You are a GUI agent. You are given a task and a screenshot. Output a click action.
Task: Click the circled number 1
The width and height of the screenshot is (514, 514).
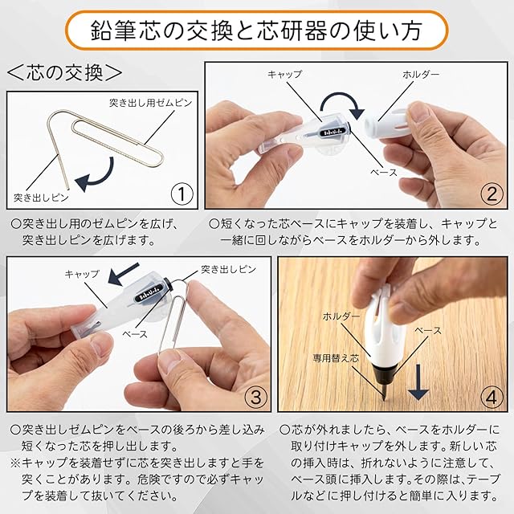click(182, 194)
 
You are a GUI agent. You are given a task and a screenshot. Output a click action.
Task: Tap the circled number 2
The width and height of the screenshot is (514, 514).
click(492, 194)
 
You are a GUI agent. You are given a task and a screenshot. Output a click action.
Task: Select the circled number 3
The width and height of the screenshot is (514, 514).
click(256, 397)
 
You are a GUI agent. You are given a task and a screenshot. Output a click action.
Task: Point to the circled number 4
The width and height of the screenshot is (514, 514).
click(491, 397)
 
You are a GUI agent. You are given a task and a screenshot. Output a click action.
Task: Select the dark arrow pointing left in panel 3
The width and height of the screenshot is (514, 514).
click(124, 275)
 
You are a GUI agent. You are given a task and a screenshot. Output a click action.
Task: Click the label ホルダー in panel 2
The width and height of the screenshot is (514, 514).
click(421, 75)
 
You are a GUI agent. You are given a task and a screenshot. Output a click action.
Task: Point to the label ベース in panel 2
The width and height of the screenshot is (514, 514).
click(384, 172)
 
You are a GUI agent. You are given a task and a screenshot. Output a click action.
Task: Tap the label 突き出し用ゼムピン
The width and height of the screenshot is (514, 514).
click(150, 103)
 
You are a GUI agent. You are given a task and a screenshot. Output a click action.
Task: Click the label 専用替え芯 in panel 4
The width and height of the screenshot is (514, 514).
click(336, 358)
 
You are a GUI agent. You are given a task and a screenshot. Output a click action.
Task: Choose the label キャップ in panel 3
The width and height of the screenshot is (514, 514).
click(82, 274)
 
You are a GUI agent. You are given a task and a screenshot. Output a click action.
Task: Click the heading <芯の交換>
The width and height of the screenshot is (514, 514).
click(64, 73)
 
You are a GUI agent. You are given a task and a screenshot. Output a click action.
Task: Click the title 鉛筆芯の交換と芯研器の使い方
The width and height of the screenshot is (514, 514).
click(256, 31)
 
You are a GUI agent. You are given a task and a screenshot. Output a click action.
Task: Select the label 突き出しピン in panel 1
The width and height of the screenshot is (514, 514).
click(41, 198)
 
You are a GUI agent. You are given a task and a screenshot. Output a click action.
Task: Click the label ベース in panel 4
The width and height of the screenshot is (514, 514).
click(428, 330)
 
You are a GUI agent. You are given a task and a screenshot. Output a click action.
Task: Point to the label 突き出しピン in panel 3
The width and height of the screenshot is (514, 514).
click(228, 270)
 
